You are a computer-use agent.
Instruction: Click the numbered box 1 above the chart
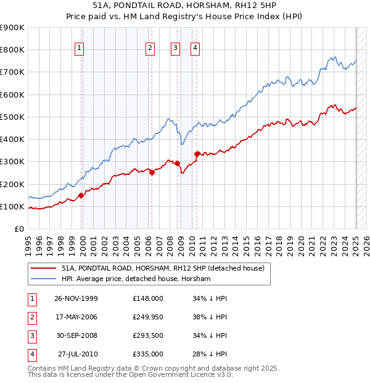click(81, 49)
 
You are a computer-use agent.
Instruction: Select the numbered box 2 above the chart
click(150, 49)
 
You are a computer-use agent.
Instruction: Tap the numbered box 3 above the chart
click(175, 49)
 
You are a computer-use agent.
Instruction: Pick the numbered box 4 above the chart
click(195, 49)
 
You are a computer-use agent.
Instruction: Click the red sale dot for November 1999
click(81, 196)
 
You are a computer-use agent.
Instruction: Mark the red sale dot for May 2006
click(152, 173)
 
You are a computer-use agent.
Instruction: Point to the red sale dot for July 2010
click(197, 154)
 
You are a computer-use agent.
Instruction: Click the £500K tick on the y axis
click(12, 117)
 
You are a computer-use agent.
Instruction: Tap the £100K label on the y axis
click(12, 206)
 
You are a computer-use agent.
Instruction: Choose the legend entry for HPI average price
click(136, 279)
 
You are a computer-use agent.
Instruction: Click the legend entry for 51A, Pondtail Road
click(163, 268)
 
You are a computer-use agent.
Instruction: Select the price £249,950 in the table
click(148, 318)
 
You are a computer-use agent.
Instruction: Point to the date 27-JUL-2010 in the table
click(78, 354)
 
